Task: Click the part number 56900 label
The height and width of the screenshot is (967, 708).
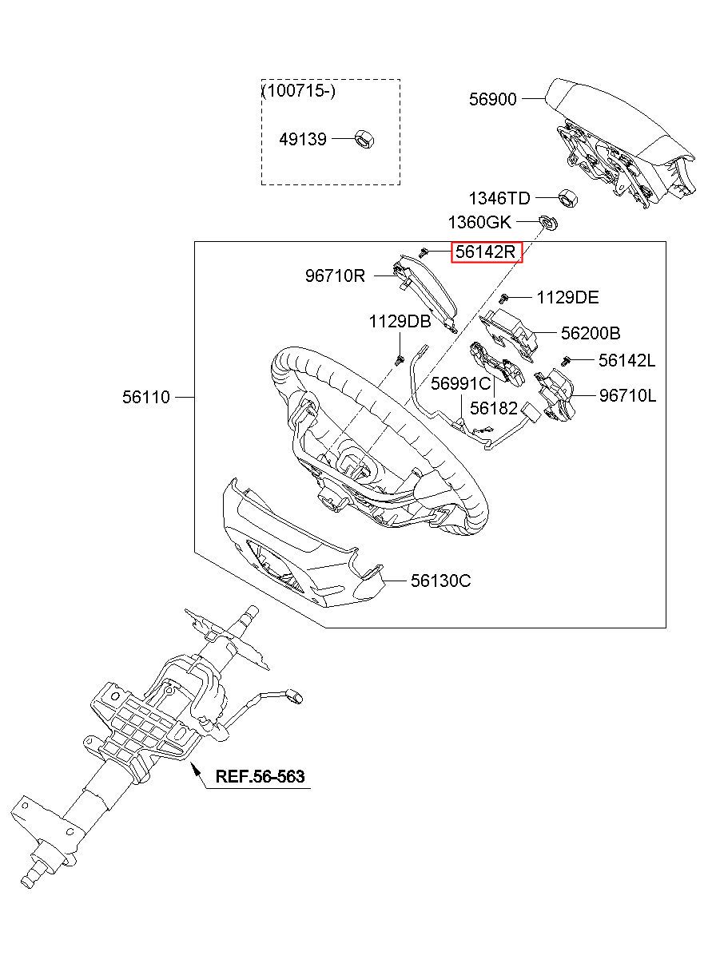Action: [x=493, y=99]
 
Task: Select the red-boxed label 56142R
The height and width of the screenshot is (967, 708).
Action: [x=487, y=252]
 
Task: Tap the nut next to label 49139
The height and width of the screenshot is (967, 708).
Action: [x=364, y=139]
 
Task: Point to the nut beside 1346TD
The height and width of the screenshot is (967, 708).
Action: [x=567, y=198]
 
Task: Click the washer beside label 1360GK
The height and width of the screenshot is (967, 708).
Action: [x=549, y=223]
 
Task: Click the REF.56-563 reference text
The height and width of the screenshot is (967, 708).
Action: [x=260, y=777]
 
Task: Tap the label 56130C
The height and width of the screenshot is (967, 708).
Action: [x=440, y=581]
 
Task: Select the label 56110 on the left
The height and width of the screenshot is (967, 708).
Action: [x=146, y=397]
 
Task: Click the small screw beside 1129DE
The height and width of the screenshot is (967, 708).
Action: [x=503, y=297]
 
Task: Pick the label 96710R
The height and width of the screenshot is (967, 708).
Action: [x=335, y=275]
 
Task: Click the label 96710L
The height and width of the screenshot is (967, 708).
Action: [x=627, y=395]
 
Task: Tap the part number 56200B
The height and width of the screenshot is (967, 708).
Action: [x=591, y=333]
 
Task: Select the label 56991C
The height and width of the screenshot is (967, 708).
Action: [x=461, y=383]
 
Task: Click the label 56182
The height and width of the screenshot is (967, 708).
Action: [x=494, y=408]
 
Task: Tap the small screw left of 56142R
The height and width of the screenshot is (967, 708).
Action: [x=424, y=252]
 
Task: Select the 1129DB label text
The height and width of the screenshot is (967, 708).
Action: [x=400, y=321]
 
